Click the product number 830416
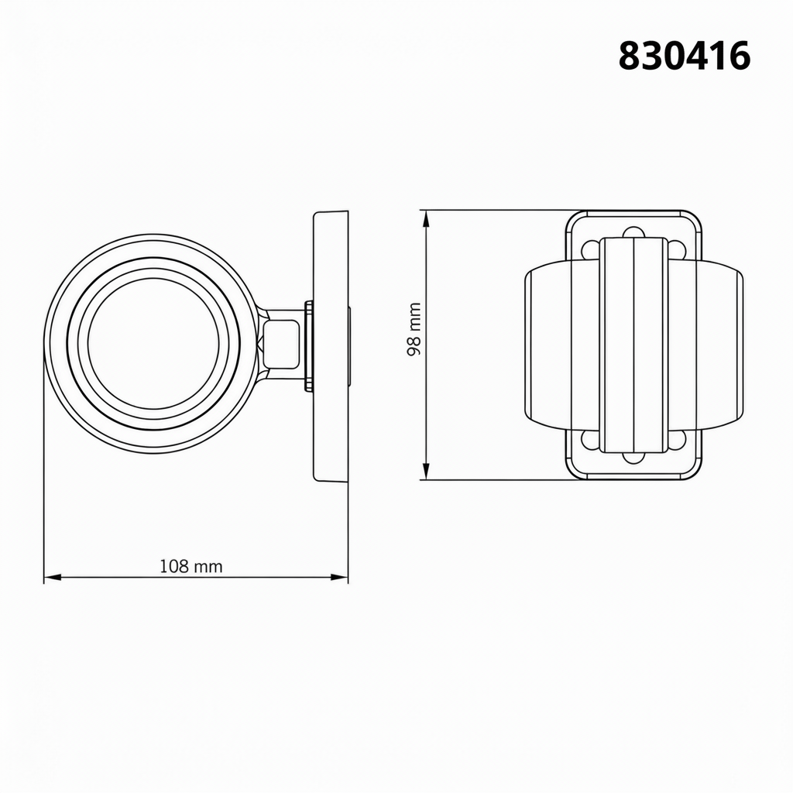coord(685,56)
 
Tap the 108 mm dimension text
coord(191,566)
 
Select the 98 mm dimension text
coord(414,329)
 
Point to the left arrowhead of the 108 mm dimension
coord(53,577)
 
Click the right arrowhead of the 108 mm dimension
coord(339,577)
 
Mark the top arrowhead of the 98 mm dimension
coord(427,219)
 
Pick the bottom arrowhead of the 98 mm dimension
coord(427,470)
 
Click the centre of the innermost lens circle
coord(153,343)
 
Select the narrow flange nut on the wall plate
coord(308,346)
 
